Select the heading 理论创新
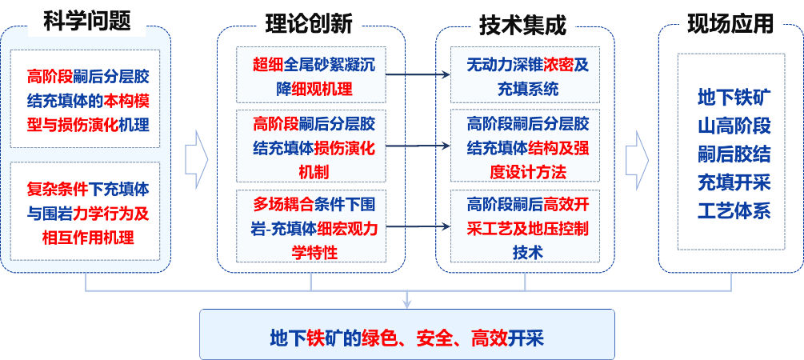pyautogui.click(x=308, y=25)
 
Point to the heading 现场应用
pyautogui.click(x=730, y=25)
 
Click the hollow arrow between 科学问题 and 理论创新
pyautogui.click(x=195, y=157)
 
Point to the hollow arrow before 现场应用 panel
pyautogui.click(x=636, y=157)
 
